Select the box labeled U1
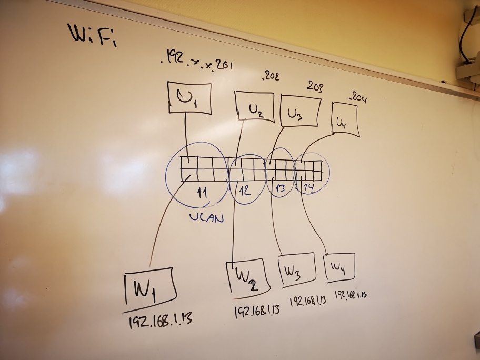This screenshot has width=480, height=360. coord(189,98)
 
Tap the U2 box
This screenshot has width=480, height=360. coord(255,107)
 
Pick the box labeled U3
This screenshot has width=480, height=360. coord(300,111)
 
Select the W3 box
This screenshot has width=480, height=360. coord(295,270)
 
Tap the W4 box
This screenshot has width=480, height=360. coord(338,267)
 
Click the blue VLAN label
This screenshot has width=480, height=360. coord(206,217)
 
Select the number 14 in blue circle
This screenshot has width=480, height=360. coord(308,187)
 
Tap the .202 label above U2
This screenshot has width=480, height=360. coord(271,77)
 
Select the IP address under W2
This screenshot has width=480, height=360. coord(256,310)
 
